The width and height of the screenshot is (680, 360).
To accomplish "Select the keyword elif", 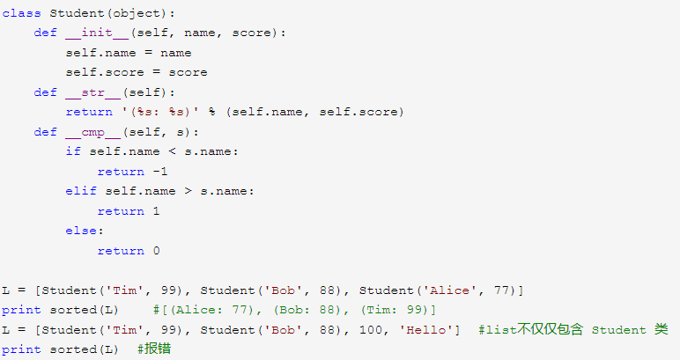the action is point(81,191).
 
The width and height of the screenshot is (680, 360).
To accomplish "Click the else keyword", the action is point(81,231).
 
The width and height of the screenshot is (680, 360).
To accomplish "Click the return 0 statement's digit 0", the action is point(156,251).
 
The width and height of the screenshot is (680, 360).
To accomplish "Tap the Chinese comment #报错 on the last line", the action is point(153,349).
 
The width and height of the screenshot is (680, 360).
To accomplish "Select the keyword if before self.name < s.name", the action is point(73,151).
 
